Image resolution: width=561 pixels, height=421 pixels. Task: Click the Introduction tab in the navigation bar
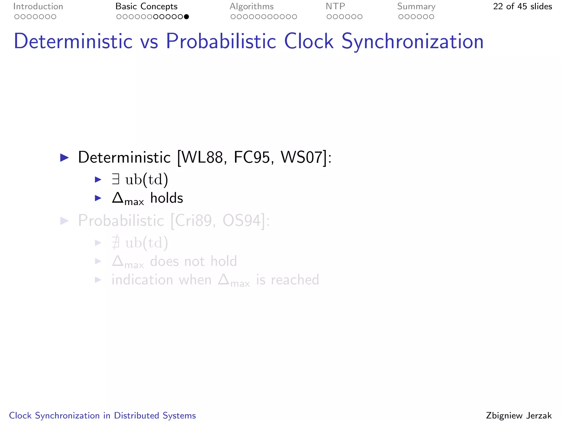[x=38, y=7]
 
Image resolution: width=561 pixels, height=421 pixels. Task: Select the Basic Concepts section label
[x=146, y=7]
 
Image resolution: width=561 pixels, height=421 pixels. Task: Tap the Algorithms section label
[x=251, y=7]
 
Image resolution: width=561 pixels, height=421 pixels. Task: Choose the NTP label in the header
[x=335, y=7]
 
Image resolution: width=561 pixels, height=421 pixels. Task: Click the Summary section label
[x=416, y=7]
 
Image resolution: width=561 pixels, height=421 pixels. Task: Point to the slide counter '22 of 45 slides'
[x=522, y=7]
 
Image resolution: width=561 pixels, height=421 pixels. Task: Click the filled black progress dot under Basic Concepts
[x=186, y=17]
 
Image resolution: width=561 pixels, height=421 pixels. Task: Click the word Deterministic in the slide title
[x=73, y=41]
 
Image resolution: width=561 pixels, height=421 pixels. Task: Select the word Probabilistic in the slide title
[x=221, y=41]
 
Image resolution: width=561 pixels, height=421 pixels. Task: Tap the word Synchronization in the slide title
[x=412, y=41]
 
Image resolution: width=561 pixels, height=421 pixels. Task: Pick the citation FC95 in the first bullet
[x=252, y=158]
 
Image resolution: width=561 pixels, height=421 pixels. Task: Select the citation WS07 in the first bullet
[x=301, y=158]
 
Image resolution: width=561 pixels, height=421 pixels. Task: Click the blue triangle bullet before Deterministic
[x=64, y=158]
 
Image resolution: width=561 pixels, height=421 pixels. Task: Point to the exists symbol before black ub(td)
[x=115, y=180]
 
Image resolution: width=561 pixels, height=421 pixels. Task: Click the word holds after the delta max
[x=167, y=198]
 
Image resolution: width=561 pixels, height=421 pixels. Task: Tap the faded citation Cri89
[x=193, y=221]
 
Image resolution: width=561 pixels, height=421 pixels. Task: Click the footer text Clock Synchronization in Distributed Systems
[x=102, y=416]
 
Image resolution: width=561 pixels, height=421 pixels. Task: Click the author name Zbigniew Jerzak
[x=519, y=416]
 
